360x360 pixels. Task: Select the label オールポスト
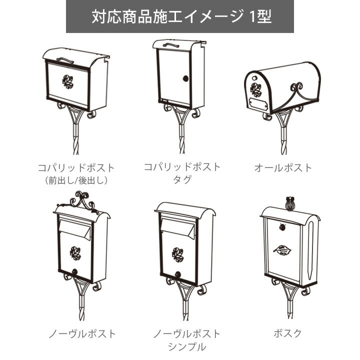(282, 167)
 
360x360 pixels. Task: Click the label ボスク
(288, 333)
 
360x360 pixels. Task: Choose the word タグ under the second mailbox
(181, 179)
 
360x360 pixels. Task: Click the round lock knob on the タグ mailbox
(185, 79)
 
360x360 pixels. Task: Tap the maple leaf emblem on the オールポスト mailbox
(256, 90)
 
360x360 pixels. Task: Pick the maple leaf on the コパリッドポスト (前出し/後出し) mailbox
(68, 82)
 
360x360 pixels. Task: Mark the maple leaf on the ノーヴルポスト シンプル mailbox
(178, 253)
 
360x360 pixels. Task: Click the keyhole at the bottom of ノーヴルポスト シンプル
(178, 274)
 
